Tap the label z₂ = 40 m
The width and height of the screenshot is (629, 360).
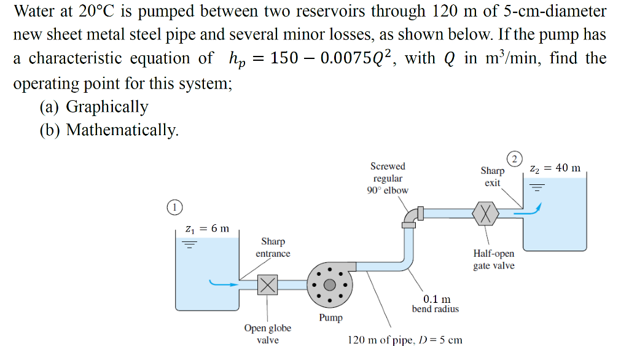(x=555, y=168)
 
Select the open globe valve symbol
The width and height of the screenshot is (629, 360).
(x=267, y=284)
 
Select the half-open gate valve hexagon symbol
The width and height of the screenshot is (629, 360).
(x=486, y=213)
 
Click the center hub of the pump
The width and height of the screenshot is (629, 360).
(x=330, y=284)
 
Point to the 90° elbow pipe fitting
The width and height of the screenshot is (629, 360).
(x=410, y=217)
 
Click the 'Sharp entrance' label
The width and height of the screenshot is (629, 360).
(x=273, y=248)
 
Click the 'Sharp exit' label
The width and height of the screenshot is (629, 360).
(x=492, y=177)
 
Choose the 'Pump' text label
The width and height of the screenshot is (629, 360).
(x=330, y=318)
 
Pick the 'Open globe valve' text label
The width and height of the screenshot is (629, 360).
(x=268, y=334)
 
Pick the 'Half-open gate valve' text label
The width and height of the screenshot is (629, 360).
(x=494, y=259)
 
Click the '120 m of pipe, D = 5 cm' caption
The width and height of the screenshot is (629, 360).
(x=405, y=340)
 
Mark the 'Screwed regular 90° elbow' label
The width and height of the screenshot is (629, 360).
(x=388, y=178)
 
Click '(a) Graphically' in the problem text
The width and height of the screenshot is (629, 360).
(x=94, y=106)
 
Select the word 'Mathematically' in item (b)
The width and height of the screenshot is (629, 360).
(x=122, y=130)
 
